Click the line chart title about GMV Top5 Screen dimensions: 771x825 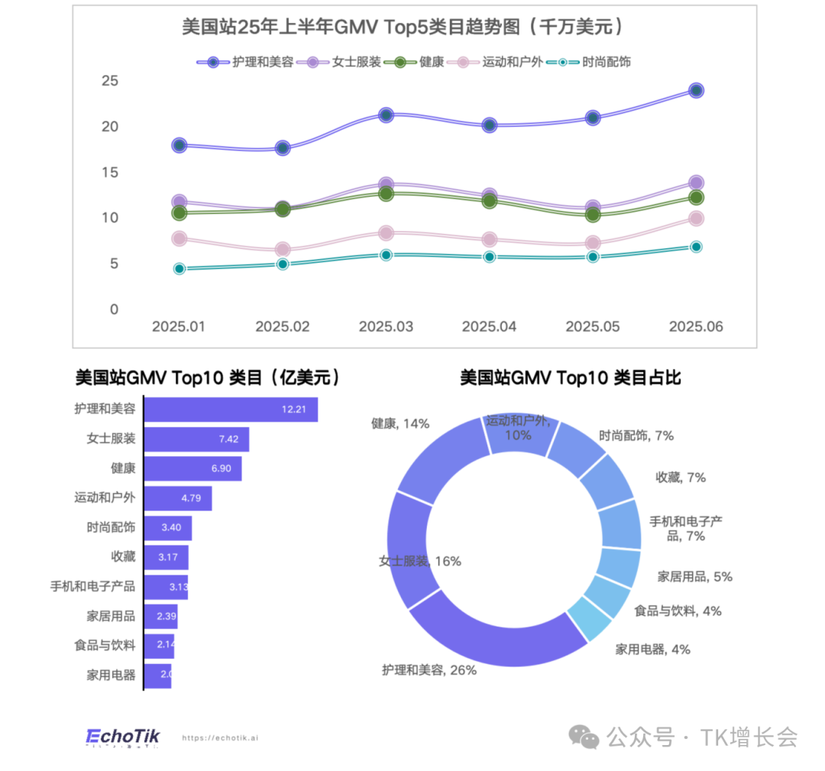pyautogui.click(x=403, y=27)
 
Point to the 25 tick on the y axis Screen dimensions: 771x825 pyautogui.click(x=110, y=80)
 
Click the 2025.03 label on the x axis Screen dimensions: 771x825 pyautogui.click(x=386, y=326)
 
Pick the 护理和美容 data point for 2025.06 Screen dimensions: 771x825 pyautogui.click(x=696, y=90)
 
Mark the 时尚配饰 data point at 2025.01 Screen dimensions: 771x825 pyautogui.click(x=180, y=269)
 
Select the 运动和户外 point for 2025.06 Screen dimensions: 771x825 pyautogui.click(x=696, y=219)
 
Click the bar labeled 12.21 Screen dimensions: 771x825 pyautogui.click(x=231, y=410)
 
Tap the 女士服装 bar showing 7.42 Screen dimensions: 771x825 pyautogui.click(x=196, y=439)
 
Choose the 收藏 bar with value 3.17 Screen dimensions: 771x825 pyautogui.click(x=167, y=557)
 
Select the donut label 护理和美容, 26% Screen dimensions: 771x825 pyautogui.click(x=429, y=670)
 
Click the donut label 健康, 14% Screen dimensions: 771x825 pyautogui.click(x=400, y=423)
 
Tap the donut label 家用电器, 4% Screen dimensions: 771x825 pyautogui.click(x=652, y=650)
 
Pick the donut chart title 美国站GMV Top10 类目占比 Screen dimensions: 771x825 pyautogui.click(x=570, y=377)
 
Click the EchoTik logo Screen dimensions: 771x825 pyautogui.click(x=123, y=737)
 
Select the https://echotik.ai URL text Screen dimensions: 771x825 pyautogui.click(x=220, y=738)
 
